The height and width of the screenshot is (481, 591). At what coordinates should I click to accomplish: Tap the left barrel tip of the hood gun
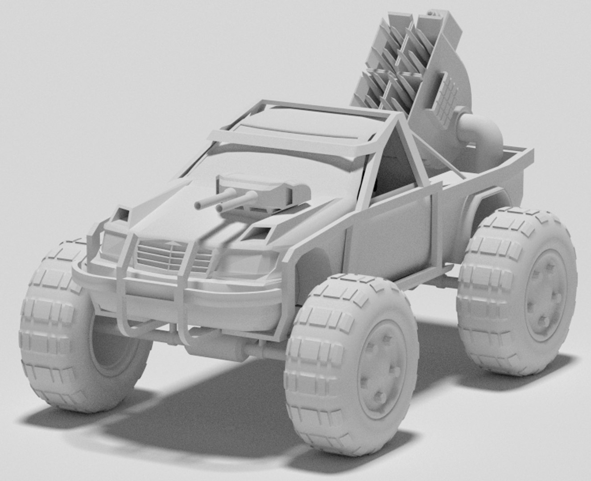198,205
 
